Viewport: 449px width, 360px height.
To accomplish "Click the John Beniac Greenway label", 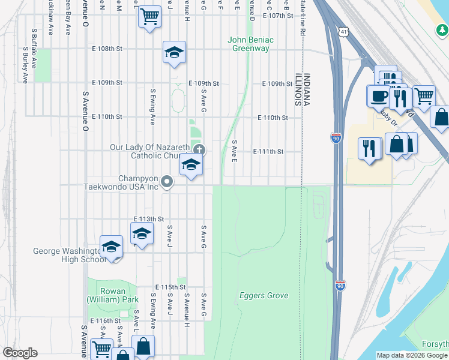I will pyautogui.click(x=250, y=44).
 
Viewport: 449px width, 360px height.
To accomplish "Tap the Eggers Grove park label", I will pyautogui.click(x=264, y=295).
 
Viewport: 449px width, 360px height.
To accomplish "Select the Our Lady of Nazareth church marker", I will pyautogui.click(x=199, y=149).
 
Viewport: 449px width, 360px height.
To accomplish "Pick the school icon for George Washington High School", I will pyautogui.click(x=112, y=247).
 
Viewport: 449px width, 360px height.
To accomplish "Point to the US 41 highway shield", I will pyautogui.click(x=342, y=31).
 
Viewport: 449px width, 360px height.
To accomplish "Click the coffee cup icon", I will pyautogui.click(x=379, y=95).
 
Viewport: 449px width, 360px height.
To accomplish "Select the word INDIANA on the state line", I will pyautogui.click(x=307, y=90).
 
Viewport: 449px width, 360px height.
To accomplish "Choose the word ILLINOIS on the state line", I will pyautogui.click(x=297, y=90).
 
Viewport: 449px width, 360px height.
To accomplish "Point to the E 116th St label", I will pyautogui.click(x=106, y=322).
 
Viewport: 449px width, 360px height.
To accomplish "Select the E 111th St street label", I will pyautogui.click(x=268, y=152).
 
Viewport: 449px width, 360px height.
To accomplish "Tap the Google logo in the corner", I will pyautogui.click(x=20, y=353).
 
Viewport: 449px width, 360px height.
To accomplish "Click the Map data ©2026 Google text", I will pyautogui.click(x=412, y=355).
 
